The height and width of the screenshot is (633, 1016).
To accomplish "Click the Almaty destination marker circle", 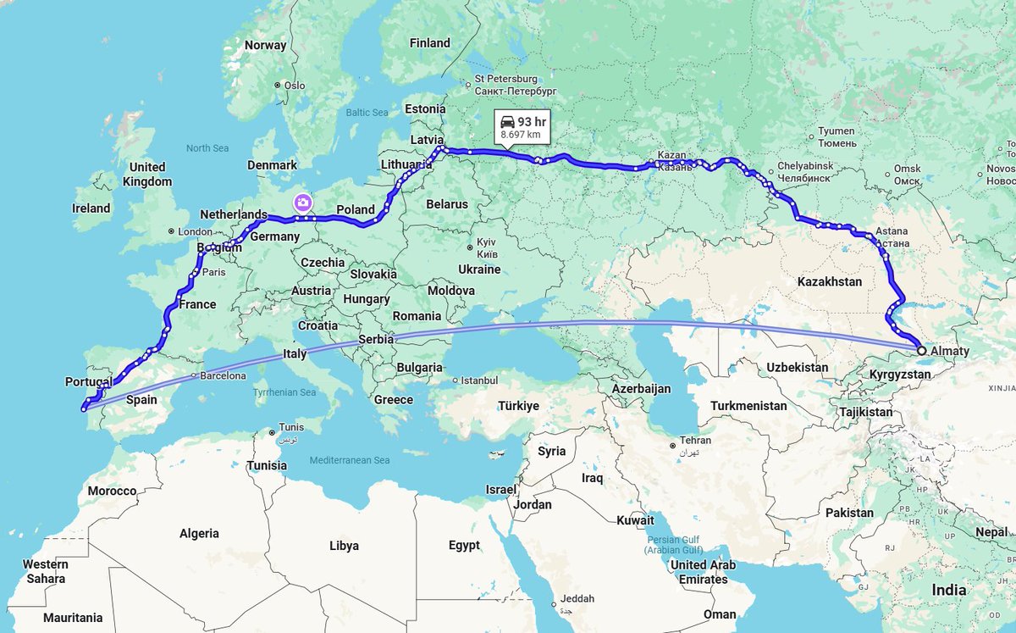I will (x=921, y=349).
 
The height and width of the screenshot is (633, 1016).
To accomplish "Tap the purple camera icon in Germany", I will (x=302, y=202).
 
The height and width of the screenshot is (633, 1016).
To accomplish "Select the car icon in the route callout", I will (x=507, y=121).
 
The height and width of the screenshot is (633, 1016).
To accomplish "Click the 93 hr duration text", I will (x=532, y=121).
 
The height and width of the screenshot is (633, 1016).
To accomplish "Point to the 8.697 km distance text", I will (x=521, y=135).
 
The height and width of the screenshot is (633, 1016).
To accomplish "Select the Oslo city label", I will (x=294, y=86).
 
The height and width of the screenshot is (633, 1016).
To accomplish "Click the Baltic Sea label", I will (x=367, y=113).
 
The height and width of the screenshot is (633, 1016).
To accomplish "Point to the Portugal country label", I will (x=88, y=382).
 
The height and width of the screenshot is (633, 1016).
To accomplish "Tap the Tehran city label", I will (x=694, y=441).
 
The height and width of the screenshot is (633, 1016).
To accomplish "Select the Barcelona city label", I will (x=224, y=375).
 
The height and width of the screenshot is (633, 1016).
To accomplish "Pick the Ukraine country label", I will (x=478, y=269).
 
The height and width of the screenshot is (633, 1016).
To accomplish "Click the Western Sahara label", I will (x=46, y=571).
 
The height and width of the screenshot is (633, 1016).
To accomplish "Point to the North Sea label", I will (x=207, y=148).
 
